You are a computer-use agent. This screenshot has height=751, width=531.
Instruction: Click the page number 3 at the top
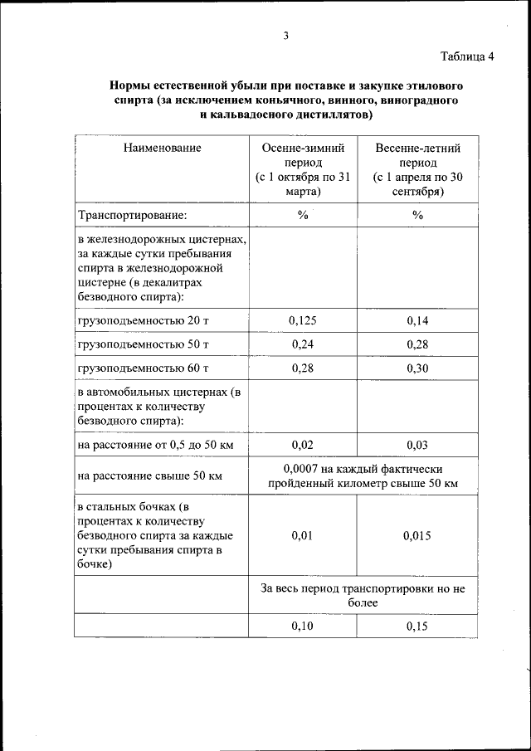click(285, 35)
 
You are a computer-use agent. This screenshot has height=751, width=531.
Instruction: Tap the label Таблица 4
click(467, 56)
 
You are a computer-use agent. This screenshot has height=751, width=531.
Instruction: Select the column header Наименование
click(162, 148)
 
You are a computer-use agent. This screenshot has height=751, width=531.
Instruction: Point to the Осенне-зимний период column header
click(303, 169)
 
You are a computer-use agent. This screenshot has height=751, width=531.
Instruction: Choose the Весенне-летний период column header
click(417, 169)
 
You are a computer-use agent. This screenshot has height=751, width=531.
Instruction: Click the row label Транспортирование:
click(132, 215)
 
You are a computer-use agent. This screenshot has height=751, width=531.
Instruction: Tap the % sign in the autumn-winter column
click(303, 215)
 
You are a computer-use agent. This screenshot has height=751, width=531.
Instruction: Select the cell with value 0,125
click(303, 320)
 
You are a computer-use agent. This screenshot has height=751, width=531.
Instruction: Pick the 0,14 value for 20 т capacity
click(417, 320)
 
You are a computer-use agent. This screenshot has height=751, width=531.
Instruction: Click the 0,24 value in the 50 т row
click(303, 344)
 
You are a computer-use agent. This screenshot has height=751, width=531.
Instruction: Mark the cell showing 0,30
click(417, 368)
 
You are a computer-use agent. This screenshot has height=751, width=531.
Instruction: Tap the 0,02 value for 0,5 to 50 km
click(303, 445)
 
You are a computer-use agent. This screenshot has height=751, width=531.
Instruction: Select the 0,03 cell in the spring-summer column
click(417, 445)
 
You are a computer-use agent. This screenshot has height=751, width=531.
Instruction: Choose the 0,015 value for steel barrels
click(417, 535)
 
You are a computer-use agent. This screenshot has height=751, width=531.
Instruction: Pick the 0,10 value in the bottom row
click(303, 626)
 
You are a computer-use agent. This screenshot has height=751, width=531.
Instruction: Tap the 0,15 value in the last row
click(417, 626)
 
